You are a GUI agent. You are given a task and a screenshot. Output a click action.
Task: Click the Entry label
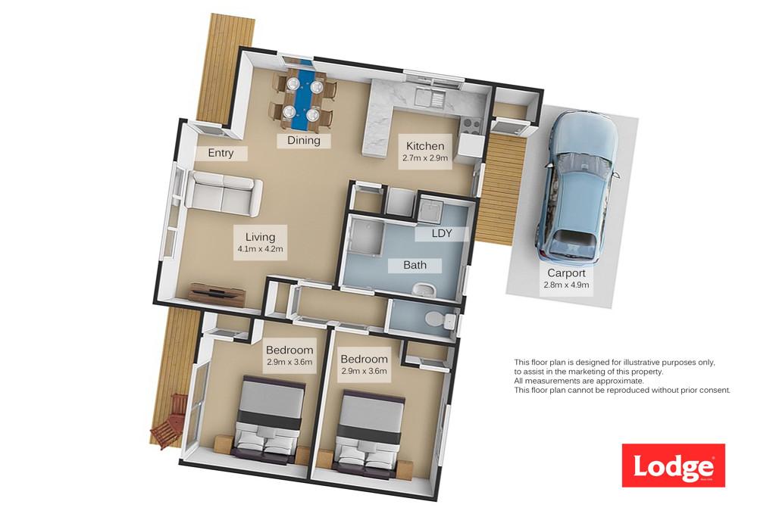point(221,153)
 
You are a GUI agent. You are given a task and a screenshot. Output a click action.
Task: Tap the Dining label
point(304,140)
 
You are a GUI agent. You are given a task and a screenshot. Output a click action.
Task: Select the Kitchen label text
point(425,146)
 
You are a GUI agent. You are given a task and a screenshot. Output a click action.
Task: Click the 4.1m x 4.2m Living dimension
point(261,249)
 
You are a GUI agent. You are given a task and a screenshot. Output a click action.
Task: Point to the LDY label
point(442,233)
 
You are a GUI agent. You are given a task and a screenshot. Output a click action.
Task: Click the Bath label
point(415,265)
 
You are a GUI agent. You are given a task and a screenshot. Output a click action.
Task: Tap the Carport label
point(566,273)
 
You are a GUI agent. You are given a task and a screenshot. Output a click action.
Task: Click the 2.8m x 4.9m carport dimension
point(566,285)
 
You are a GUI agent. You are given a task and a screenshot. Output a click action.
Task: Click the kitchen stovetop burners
point(471,126)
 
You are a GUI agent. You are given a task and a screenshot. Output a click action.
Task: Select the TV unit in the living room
point(217,294)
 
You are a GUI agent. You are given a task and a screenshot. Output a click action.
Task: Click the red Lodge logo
point(673,465)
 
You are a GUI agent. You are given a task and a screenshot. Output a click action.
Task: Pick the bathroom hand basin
point(422,288)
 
